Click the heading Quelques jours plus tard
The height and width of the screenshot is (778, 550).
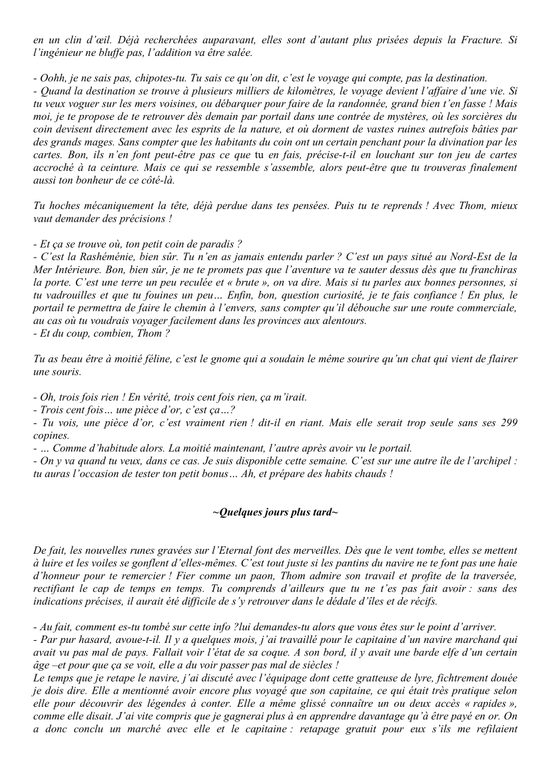pyautogui.click(x=274, y=514)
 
